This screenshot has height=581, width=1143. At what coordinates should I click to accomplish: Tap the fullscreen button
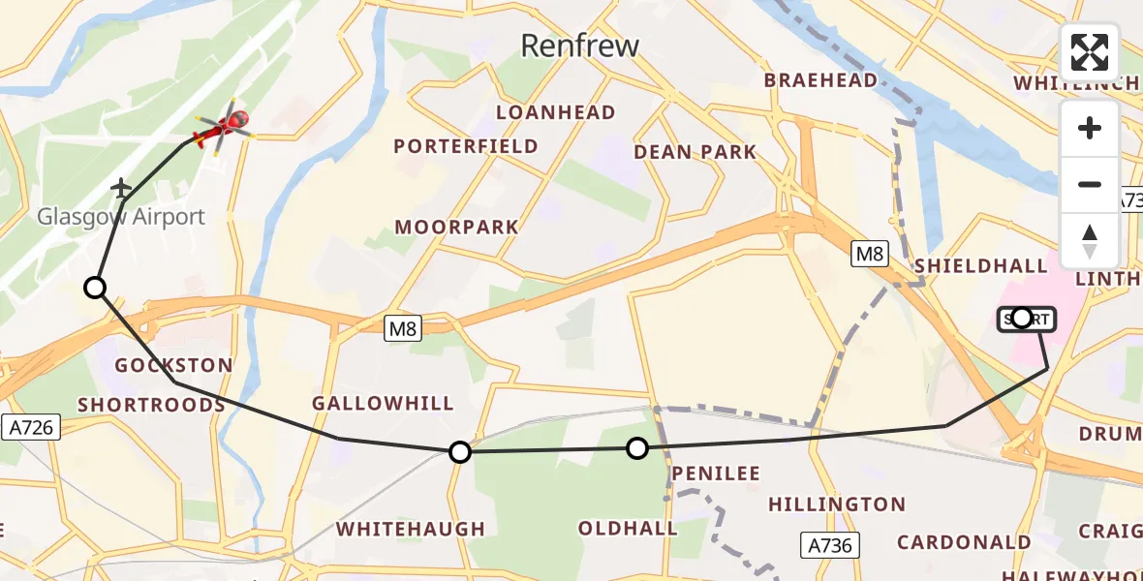tap(1090, 51)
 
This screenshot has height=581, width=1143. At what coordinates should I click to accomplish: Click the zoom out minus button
tap(1090, 184)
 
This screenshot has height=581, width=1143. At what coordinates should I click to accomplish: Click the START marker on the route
tap(1022, 318)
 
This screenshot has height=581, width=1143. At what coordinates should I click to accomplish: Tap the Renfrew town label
tap(580, 45)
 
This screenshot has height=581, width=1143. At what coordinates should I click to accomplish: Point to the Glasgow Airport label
tap(121, 217)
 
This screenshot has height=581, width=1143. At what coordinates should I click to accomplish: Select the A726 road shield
tap(31, 427)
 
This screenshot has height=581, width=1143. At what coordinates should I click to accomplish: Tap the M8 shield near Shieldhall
tap(869, 254)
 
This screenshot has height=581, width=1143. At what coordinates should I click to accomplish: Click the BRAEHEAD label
tap(821, 80)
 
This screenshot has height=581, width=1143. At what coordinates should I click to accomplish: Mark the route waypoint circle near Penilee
tap(636, 447)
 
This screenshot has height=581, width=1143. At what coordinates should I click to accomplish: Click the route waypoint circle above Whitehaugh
tap(460, 451)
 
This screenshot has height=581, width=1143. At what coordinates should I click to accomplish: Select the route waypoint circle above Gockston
tap(95, 288)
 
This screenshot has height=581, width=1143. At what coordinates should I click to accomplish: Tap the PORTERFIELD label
tap(466, 146)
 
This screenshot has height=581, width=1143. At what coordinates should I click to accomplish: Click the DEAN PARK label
tap(695, 152)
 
